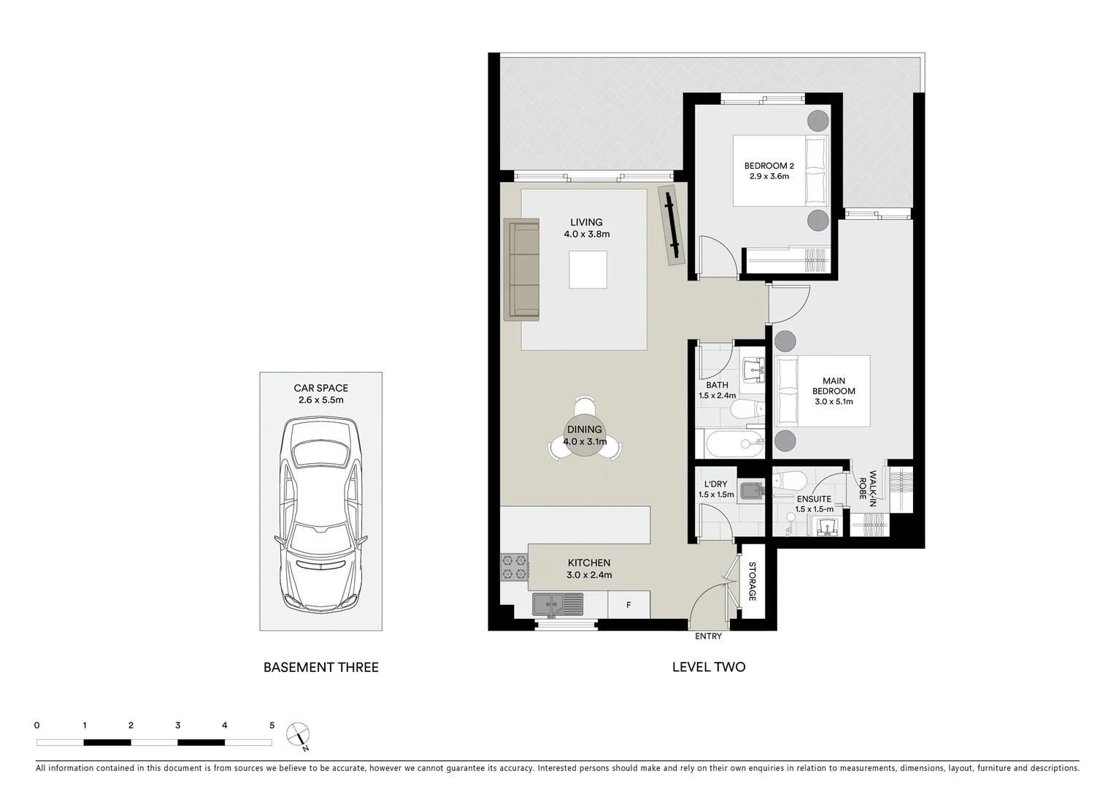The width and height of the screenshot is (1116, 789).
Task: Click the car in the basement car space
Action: pos(321,515)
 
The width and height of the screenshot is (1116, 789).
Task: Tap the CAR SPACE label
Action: pos(321,389)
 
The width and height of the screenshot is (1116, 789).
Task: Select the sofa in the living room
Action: pos(521,270)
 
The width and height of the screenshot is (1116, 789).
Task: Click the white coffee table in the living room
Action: pos(588,270)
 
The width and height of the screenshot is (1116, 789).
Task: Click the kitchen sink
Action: pos(558,604)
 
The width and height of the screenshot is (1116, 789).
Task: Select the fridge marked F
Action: pos(628,605)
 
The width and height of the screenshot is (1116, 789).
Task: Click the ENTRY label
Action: pos(708,636)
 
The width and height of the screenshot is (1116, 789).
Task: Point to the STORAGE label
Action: pos(753,582)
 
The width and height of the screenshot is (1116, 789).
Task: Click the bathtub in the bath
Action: pos(734,442)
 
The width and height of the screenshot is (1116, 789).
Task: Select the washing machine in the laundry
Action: pos(750,491)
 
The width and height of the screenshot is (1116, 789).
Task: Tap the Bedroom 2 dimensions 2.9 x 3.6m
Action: pos(769,177)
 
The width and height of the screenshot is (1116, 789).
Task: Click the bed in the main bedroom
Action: pos(823,391)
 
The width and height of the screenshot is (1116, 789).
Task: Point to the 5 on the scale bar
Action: pos(272,725)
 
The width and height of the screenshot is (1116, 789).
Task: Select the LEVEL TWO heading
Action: pos(708,667)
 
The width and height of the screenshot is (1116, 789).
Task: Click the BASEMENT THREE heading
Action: pos(321,667)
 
